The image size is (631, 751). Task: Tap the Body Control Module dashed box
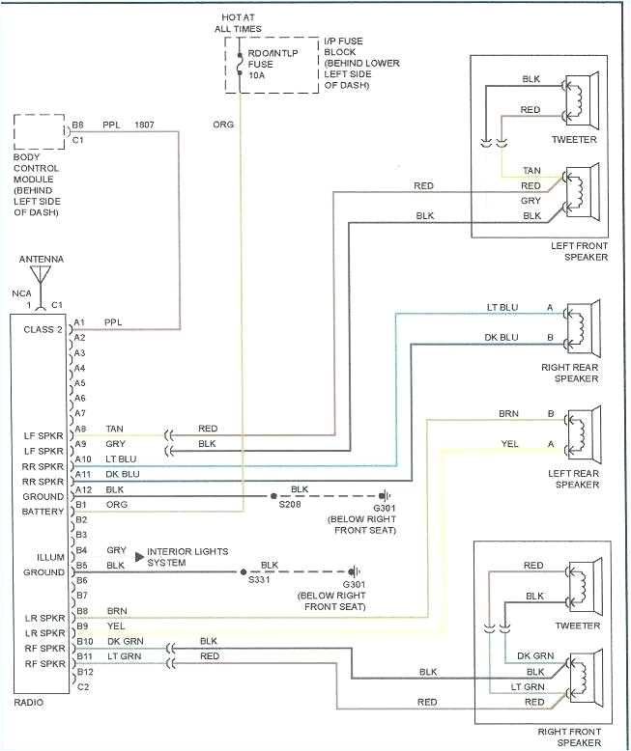[x=39, y=132]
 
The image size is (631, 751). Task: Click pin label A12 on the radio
[x=82, y=490]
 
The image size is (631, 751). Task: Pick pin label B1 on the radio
[x=82, y=504]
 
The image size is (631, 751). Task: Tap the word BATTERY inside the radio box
[x=43, y=512]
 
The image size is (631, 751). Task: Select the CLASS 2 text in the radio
[x=43, y=329]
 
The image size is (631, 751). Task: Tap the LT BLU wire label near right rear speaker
[x=502, y=308]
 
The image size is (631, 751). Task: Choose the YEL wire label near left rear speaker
[x=509, y=445]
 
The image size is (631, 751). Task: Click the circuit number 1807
[x=144, y=125]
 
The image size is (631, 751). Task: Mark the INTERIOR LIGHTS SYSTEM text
[x=188, y=557]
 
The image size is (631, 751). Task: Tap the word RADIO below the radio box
[x=29, y=704]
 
